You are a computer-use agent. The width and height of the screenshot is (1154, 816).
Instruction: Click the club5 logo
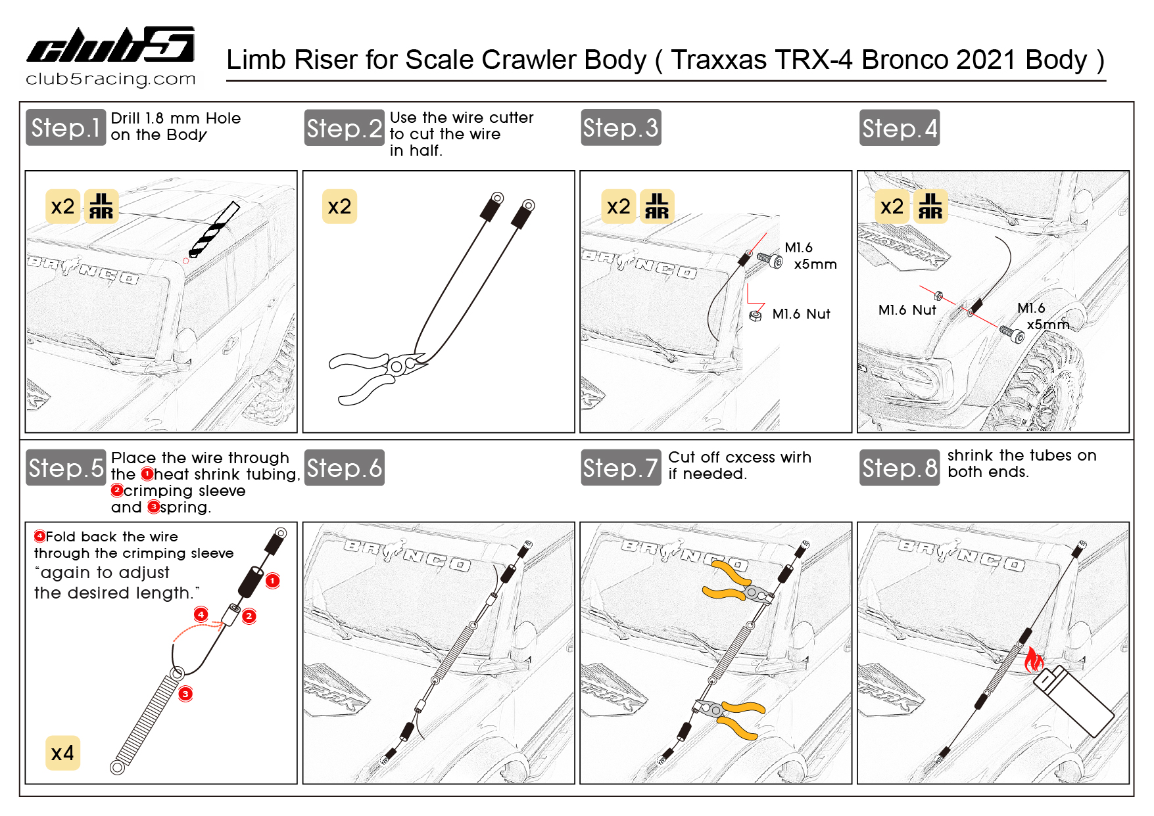[110, 45]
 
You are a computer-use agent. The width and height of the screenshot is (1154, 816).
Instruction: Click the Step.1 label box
[66, 127]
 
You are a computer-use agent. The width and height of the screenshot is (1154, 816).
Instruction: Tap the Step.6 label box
[344, 468]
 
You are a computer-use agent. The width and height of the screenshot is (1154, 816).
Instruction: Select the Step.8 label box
[899, 468]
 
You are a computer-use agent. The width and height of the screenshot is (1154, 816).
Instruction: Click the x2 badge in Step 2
[339, 207]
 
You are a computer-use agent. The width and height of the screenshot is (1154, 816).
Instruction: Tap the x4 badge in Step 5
[62, 753]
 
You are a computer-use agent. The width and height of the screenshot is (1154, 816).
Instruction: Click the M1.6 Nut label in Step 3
[801, 314]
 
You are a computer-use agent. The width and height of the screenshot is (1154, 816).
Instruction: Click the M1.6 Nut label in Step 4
[907, 310]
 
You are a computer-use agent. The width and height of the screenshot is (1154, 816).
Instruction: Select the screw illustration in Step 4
[1011, 334]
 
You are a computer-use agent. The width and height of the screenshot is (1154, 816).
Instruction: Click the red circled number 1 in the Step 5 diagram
[272, 581]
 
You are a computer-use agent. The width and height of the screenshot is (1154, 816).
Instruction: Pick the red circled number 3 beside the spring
[185, 694]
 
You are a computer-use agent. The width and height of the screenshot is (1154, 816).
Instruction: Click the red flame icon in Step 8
[1034, 660]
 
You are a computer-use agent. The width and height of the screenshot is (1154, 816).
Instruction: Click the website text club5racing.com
[110, 79]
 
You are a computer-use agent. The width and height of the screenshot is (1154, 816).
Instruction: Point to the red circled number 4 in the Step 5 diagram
[201, 614]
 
